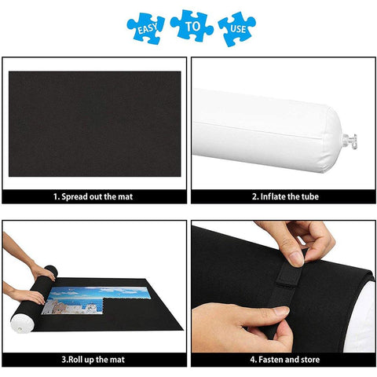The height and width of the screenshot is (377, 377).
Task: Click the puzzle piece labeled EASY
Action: click(145, 28)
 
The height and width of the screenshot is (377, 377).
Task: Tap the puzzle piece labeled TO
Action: click(192, 26)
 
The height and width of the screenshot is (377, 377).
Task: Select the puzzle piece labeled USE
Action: click(237, 29)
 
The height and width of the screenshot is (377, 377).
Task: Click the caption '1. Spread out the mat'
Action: click(93, 196)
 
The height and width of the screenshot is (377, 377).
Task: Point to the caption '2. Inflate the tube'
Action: click(285, 196)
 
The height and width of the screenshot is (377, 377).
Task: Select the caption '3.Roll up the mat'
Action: click(93, 360)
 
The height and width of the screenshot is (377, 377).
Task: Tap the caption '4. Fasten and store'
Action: click(285, 360)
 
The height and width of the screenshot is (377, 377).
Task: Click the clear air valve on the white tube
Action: click(350, 141)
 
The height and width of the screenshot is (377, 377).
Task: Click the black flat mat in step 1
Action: click(95, 124)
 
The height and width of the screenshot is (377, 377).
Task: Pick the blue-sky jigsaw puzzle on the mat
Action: click(97, 300)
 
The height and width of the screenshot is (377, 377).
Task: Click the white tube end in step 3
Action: click(22, 324)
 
